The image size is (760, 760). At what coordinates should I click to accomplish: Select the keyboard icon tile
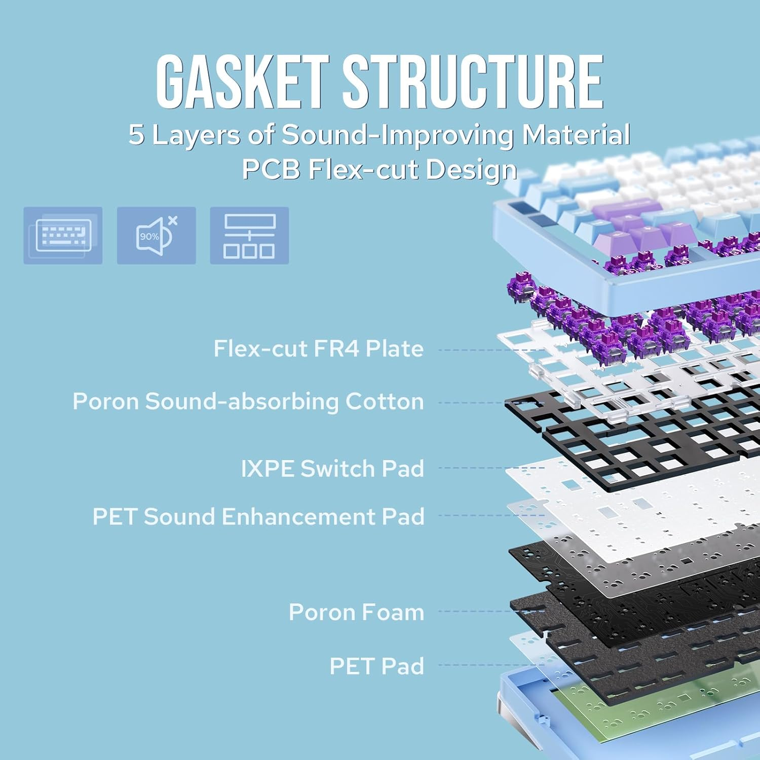click(63, 236)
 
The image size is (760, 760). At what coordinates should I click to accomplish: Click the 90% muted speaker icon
click(156, 236)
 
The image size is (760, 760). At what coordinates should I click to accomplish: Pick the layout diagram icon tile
click(249, 236)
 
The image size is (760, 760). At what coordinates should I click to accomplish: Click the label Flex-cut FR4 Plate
click(318, 349)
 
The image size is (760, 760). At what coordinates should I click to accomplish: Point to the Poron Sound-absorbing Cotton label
click(248, 401)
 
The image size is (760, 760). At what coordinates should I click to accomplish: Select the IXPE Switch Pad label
click(332, 469)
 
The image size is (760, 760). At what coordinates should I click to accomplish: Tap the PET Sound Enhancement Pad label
click(258, 517)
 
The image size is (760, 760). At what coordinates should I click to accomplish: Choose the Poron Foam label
click(356, 612)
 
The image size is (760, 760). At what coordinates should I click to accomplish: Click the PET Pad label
click(376, 666)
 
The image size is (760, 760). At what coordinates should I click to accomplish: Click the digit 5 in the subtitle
click(136, 135)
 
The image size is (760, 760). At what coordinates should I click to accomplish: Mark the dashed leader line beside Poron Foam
click(490, 612)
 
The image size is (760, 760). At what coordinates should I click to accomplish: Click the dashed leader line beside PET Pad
click(490, 665)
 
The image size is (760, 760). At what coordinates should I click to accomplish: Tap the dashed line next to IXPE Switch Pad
click(490, 468)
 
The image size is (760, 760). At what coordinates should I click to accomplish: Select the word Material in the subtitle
click(576, 135)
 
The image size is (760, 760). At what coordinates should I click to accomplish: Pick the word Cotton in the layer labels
click(385, 401)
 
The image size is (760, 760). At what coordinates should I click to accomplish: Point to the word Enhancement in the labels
click(300, 517)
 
